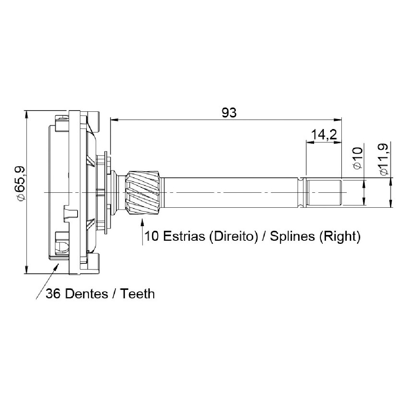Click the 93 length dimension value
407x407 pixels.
pos(229,113)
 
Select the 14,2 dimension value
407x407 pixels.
pos(324,135)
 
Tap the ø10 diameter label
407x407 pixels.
pos(358,158)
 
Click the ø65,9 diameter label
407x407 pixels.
pos(20,183)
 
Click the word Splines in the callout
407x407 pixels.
pos(292,237)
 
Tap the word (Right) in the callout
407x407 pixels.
pos(340,237)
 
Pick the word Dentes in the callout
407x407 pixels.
pos(87,294)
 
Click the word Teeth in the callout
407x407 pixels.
pos(137,294)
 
